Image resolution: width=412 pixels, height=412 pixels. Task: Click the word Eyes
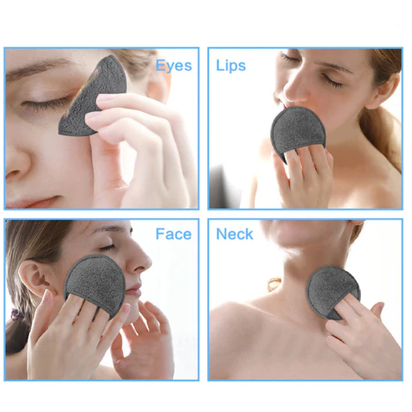pos(174,66)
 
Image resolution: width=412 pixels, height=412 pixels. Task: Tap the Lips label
pos(231,66)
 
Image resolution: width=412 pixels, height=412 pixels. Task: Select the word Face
pos(174,234)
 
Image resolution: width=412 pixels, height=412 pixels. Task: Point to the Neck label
pos(235,234)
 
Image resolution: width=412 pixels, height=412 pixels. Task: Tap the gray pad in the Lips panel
pos(298,132)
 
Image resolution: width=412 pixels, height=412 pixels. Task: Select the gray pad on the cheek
pos(95,284)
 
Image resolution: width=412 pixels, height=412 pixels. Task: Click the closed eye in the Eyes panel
pos(46,103)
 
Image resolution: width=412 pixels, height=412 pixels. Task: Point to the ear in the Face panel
pos(33,277)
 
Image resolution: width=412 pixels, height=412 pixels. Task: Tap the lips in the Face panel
pos(135,290)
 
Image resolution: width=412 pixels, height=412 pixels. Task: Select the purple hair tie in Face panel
pos(15,315)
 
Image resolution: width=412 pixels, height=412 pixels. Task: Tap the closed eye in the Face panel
pos(107,247)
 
